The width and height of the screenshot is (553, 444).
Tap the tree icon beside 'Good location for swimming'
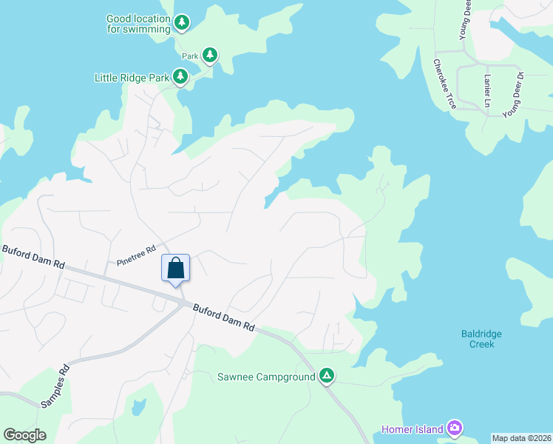pos(182,24)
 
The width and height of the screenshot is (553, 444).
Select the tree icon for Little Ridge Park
pos(180,76)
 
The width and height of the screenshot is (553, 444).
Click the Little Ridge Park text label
pos(132,77)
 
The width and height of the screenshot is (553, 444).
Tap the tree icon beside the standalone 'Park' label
pos(210,55)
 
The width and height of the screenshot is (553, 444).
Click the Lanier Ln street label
pos(487,90)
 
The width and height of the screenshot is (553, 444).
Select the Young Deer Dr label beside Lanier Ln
pos(513,95)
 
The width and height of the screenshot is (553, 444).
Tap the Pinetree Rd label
pos(137,255)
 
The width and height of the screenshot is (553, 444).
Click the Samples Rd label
pos(55,385)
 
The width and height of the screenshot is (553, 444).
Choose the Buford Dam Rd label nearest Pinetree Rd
pos(33,258)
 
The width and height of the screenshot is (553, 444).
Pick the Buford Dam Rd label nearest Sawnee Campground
pos(223,317)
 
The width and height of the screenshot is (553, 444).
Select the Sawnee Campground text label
pos(266,377)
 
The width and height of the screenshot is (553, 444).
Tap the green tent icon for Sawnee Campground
pos(327,377)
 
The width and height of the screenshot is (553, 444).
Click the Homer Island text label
pos(412,429)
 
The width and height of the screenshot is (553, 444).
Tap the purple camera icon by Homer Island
pos(455,428)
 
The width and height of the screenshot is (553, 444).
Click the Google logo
pos(24,435)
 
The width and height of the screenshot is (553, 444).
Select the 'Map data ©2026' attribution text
pos(521,438)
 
